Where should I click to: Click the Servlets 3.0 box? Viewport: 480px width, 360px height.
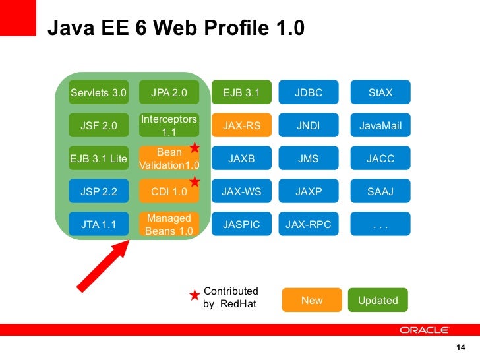(98, 92)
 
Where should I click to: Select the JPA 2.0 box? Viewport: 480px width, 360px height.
(169, 92)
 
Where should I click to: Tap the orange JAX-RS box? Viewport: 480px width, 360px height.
(242, 125)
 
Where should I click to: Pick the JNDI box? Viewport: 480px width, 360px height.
(309, 125)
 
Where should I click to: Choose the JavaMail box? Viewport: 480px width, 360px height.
(380, 125)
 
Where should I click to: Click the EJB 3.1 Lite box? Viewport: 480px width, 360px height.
(98, 158)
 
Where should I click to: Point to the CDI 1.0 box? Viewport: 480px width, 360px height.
(169, 192)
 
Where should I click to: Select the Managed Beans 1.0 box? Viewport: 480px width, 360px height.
(169, 224)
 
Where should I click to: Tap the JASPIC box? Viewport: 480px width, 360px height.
(242, 224)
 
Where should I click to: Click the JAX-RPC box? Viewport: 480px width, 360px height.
(309, 224)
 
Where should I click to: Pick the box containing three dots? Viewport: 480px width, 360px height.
(380, 224)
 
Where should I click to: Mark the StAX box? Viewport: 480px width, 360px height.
(380, 92)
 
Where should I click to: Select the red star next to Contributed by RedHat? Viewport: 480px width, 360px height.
(195, 296)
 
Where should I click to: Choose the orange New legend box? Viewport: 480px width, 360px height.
(312, 300)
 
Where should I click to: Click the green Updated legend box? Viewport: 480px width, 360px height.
(378, 300)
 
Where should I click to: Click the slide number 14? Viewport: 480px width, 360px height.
(460, 348)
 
